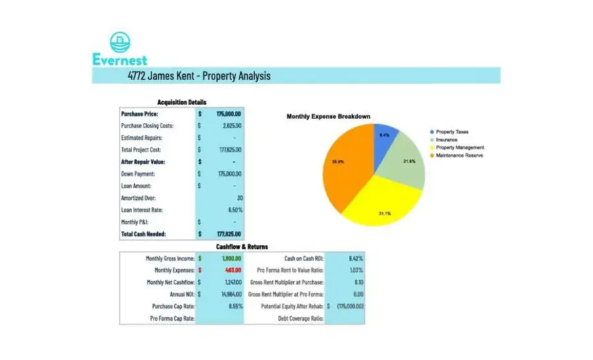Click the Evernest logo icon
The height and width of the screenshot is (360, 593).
(x=120, y=43)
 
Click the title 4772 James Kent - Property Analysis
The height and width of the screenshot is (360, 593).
(x=199, y=76)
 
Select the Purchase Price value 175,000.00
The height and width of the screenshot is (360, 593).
(x=228, y=114)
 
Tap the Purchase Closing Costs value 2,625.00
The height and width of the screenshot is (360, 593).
(x=232, y=126)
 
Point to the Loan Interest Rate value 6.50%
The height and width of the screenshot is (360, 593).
(x=235, y=210)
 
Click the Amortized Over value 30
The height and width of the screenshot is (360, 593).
(x=239, y=198)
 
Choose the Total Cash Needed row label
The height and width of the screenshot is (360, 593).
(x=144, y=234)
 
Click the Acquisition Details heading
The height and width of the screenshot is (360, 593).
(x=181, y=102)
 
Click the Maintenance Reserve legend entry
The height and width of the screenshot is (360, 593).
(x=459, y=156)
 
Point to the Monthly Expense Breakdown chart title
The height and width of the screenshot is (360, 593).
(x=328, y=117)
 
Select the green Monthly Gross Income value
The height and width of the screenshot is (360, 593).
(x=231, y=258)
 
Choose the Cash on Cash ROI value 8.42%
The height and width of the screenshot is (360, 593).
(x=355, y=258)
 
